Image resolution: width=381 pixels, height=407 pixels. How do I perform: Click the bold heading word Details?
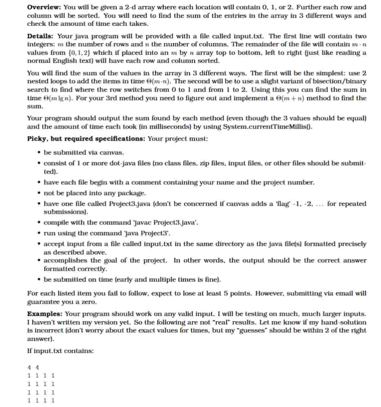[x=40, y=36]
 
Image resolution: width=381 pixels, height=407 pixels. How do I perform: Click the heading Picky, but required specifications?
[x=86, y=139]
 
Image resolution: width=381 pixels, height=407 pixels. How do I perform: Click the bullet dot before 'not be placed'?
[x=39, y=193]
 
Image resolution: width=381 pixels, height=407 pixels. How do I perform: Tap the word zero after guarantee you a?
[x=88, y=302]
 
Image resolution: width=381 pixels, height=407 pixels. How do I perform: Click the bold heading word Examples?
[x=45, y=314]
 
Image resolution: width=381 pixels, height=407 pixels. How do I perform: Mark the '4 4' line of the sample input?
[x=33, y=368]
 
